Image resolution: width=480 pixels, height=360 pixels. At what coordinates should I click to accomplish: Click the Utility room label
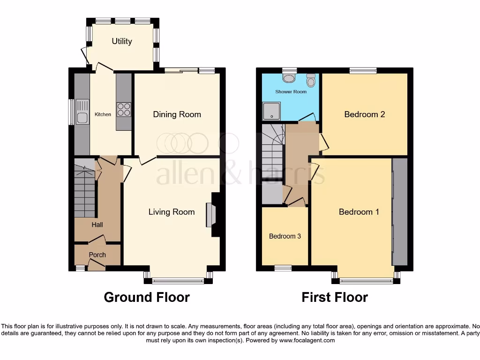[122, 41]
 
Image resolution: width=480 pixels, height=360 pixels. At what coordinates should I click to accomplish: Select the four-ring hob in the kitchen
[124, 109]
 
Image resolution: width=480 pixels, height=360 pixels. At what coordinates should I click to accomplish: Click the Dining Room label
[177, 114]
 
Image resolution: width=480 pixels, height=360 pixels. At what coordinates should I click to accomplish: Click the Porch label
[97, 255]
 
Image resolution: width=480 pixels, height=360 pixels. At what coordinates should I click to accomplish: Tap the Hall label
[97, 225]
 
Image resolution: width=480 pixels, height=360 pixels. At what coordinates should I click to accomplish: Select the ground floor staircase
[85, 192]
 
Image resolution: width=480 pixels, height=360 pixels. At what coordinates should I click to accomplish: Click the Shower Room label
[291, 92]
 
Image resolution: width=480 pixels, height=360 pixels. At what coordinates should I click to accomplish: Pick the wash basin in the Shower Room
[290, 78]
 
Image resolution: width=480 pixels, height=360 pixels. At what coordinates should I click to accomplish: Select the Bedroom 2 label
[365, 114]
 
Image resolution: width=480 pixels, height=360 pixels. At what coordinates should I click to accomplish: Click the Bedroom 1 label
[359, 212]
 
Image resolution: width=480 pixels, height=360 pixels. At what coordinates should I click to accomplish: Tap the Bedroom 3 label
[285, 236]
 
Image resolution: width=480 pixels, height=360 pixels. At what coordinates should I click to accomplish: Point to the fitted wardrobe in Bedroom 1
[400, 212]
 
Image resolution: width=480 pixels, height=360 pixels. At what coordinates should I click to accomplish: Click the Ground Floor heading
[147, 297]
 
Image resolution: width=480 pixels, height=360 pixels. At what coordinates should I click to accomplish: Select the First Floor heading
[335, 297]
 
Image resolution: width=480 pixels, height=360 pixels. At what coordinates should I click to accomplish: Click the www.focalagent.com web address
[307, 341]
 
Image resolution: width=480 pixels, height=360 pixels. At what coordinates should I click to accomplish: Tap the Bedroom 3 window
[283, 268]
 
